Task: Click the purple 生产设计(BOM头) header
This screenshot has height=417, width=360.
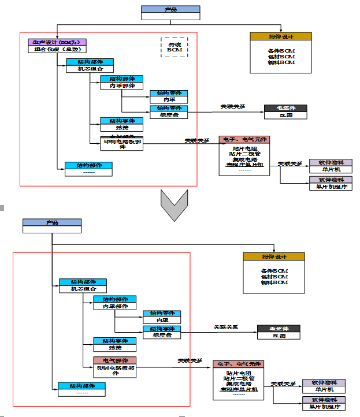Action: [x=57, y=42]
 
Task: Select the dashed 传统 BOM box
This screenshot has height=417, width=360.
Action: [x=174, y=47]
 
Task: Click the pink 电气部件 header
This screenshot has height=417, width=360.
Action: [x=115, y=360]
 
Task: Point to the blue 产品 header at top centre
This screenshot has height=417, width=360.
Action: [x=170, y=9]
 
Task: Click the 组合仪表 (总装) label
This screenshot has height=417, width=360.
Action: [x=57, y=49]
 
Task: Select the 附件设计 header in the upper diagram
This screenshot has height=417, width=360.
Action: [x=281, y=36]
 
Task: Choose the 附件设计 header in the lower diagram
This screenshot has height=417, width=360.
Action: [x=273, y=256]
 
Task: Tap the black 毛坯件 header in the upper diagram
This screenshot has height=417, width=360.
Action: [x=285, y=108]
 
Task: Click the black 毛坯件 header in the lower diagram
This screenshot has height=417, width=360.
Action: [x=279, y=329]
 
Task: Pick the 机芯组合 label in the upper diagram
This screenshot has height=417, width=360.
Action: [x=89, y=69]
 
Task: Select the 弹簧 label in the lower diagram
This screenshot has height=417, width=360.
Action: [x=115, y=348]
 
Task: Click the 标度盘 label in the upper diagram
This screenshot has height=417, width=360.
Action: [x=169, y=115]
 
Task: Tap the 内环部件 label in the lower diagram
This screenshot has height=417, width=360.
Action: [x=114, y=306]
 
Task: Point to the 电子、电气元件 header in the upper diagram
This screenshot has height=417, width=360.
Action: [x=244, y=140]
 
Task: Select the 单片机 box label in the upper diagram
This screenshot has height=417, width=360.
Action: [x=331, y=169]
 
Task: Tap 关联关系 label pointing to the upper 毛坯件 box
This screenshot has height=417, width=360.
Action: [x=232, y=106]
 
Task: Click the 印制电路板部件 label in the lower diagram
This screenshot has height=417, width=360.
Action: [x=115, y=370]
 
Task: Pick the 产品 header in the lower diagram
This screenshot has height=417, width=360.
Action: [x=52, y=222]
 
